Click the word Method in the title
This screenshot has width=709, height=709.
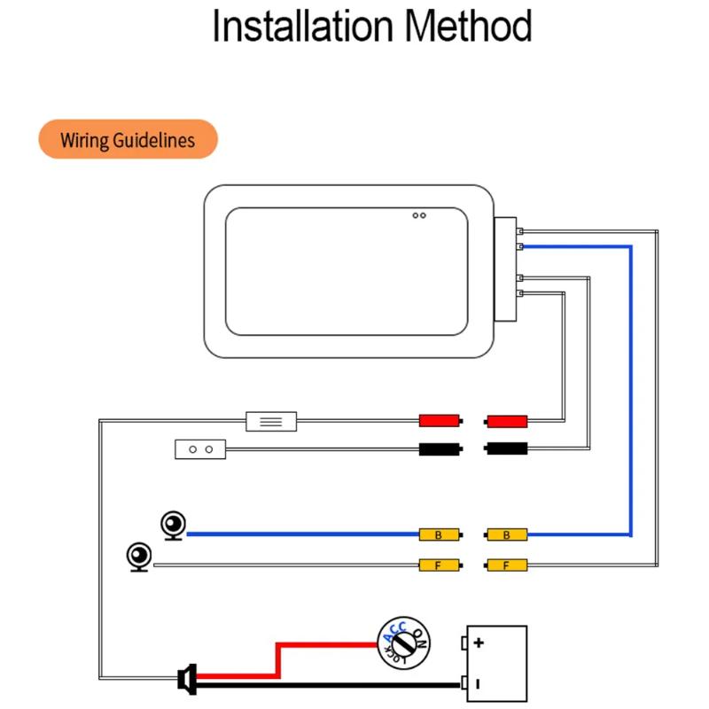coord(469,27)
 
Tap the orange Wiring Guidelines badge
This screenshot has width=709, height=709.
coord(128,140)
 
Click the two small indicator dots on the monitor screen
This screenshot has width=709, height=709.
coord(419,215)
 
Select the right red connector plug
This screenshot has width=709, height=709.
coord(507,420)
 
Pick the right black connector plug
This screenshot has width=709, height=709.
coord(507,449)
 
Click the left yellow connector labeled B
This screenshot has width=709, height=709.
coord(440,534)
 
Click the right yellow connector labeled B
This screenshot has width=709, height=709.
coord(507,534)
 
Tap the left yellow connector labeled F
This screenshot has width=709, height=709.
coord(440,565)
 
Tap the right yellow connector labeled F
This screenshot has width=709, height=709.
coord(507,565)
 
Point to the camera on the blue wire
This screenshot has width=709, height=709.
coord(173,526)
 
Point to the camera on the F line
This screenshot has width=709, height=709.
coord(140,557)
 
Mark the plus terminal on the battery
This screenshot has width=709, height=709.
coord(479,643)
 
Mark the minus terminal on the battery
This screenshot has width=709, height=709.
coord(479,683)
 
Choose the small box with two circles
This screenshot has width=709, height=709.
coord(200,449)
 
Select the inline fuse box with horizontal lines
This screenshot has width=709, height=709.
coord(271,420)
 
